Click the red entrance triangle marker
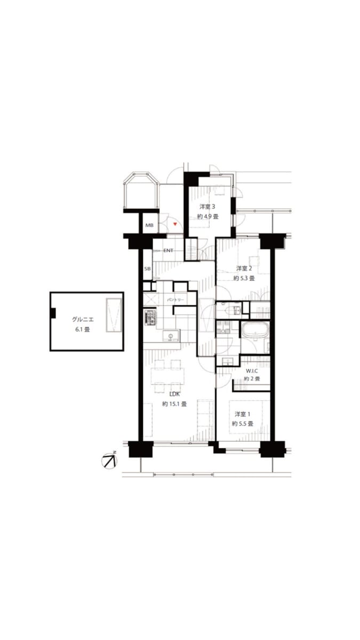175,225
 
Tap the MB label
149,226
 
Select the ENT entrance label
169,251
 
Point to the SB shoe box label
147,269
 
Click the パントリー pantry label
175,300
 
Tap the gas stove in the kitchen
150,317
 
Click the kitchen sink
171,335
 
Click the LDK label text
174,394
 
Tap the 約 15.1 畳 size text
174,404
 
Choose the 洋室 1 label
243,414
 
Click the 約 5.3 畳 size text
244,278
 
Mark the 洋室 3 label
207,206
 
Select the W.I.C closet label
252,371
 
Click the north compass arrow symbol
110,461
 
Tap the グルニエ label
83,319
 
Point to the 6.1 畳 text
83,330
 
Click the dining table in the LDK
167,376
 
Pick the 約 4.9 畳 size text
208,217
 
